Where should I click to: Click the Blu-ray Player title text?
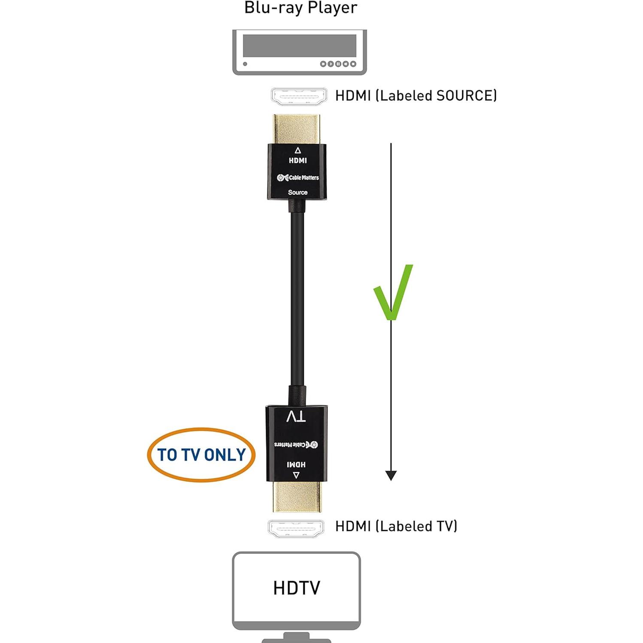click(x=300, y=8)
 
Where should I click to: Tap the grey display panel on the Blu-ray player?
click(x=299, y=45)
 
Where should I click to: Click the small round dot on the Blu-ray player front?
click(x=245, y=64)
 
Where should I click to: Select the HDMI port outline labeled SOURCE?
click(x=298, y=96)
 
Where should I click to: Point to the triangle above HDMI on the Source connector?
click(x=297, y=150)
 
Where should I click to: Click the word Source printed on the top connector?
click(x=297, y=192)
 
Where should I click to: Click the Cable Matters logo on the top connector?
click(x=297, y=177)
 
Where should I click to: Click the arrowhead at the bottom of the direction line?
click(x=391, y=475)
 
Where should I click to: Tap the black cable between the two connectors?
click(x=297, y=300)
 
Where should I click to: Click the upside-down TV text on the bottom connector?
click(x=296, y=416)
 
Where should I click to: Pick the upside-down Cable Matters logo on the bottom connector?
click(x=296, y=444)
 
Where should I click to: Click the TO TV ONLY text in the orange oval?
click(x=201, y=455)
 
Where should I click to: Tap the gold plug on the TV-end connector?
click(x=296, y=497)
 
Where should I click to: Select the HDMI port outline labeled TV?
click(x=296, y=528)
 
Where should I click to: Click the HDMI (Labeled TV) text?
click(x=396, y=526)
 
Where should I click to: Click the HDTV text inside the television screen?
click(x=296, y=588)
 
